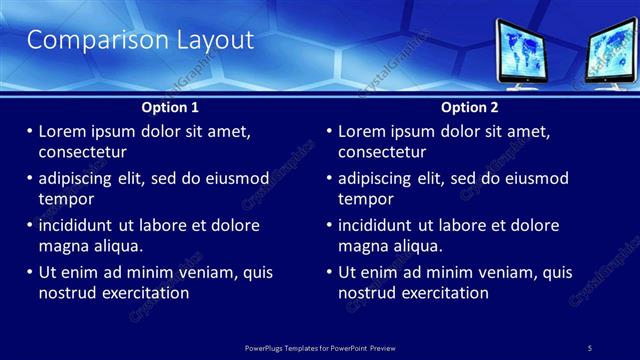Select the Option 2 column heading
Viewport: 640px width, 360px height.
coord(469,107)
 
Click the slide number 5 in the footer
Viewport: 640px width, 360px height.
coord(589,347)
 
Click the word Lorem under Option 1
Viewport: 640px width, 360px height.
coord(63,131)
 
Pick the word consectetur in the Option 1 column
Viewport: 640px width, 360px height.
coord(82,152)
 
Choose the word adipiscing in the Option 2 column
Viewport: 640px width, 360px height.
coord(374,178)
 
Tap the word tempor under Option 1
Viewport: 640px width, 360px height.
coord(62,198)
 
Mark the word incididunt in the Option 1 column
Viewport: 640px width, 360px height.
coord(76,225)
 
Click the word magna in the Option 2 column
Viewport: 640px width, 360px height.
coord(362,245)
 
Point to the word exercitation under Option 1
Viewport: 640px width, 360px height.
coord(142,292)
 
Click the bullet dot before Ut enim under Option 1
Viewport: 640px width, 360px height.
coord(30,272)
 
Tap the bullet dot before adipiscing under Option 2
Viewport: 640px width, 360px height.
coord(330,178)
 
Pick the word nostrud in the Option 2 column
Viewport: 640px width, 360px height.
coord(368,292)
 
